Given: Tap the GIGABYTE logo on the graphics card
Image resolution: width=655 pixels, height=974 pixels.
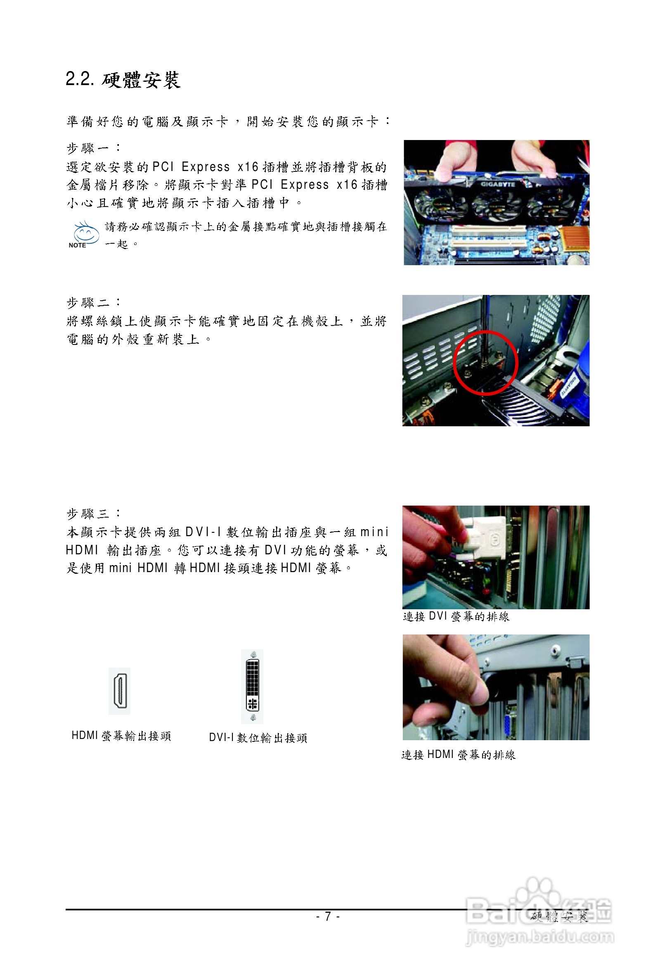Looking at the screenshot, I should pos(498,184).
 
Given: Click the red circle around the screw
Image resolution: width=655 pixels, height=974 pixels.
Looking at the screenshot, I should pos(486,362).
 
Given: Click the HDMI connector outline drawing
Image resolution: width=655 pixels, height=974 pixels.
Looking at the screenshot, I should pos(119,691).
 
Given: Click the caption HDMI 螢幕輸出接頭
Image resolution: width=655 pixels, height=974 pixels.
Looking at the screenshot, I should pos(121,736).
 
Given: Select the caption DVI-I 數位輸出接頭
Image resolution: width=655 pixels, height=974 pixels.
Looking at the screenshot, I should pos(258,738).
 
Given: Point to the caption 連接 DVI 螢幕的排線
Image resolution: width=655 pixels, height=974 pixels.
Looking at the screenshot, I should pos(456,617).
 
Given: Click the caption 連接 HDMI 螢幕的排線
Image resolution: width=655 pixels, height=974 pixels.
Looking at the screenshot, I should pos(458,755).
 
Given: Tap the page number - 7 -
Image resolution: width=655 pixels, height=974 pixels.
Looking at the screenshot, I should pos(328,916).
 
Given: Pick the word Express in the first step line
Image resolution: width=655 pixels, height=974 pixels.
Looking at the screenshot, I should pos(206,167).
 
